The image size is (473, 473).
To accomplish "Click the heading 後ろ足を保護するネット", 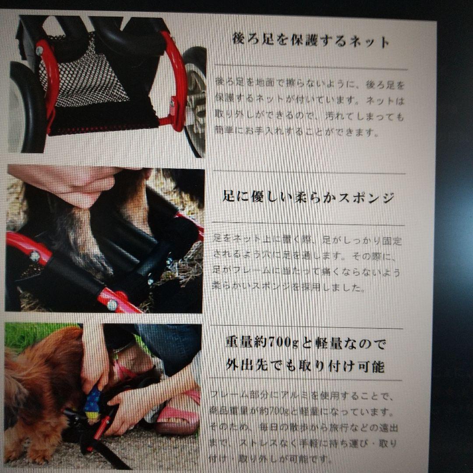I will pyautogui.click(x=311, y=42).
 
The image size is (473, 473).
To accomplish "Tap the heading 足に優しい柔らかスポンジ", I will pyautogui.click(x=308, y=197).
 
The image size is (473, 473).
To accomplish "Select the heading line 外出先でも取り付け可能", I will pyautogui.click(x=305, y=365).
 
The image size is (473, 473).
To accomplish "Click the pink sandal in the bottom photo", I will pyautogui.click(x=177, y=420).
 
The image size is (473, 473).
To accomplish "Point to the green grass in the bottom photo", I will pyautogui.click(x=26, y=335).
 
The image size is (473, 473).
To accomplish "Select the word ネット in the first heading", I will pyautogui.click(x=368, y=42).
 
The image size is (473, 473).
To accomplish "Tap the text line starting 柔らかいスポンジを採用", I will pyautogui.click(x=289, y=287).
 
